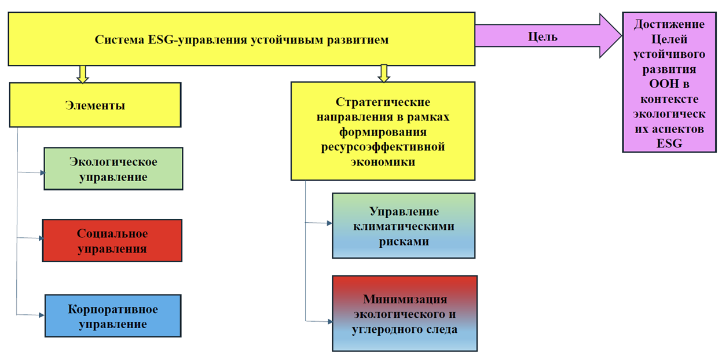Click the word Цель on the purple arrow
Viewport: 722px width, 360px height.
click(543, 36)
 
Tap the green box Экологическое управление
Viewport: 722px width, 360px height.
click(113, 168)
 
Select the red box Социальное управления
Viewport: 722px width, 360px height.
click(112, 241)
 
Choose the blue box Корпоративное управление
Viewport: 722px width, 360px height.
click(113, 316)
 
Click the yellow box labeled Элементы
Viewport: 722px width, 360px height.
click(95, 105)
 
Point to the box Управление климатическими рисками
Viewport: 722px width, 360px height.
click(404, 226)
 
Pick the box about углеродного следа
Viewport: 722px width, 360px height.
click(405, 314)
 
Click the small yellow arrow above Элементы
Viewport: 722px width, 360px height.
click(83, 73)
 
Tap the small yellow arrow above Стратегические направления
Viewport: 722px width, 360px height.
click(383, 73)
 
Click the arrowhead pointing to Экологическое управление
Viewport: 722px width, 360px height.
click(42, 172)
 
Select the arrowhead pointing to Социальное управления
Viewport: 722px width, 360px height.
click(41, 238)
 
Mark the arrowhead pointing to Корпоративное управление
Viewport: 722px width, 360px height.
click(42, 315)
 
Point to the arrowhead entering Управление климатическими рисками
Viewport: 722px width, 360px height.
click(330, 223)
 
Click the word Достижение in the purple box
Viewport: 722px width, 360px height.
click(669, 25)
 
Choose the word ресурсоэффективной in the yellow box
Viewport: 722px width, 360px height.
click(383, 147)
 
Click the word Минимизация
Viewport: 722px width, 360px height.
click(405, 299)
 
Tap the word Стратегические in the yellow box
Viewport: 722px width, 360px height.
click(383, 102)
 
